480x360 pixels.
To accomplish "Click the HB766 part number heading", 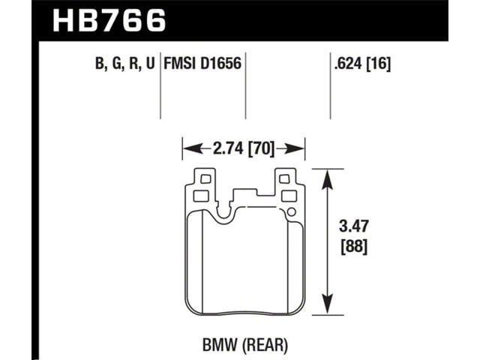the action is pyautogui.click(x=109, y=20).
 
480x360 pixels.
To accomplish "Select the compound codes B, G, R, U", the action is pyautogui.click(x=125, y=64).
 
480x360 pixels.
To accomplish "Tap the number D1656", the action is pyautogui.click(x=220, y=63).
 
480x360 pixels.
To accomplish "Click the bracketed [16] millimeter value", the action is pyautogui.click(x=379, y=64).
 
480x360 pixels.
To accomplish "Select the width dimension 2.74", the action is pyautogui.click(x=228, y=148).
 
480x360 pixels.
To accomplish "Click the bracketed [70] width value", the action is pyautogui.click(x=261, y=149).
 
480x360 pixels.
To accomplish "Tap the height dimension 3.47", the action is pyautogui.click(x=354, y=226).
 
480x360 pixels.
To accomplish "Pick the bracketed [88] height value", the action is pyautogui.click(x=354, y=247).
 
